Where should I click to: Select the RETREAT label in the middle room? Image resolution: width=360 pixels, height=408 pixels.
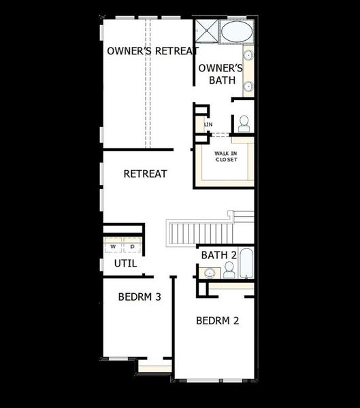click(145, 174)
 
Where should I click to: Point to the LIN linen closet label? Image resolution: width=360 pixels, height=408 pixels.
click(208, 124)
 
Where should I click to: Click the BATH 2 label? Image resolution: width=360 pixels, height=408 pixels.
click(218, 255)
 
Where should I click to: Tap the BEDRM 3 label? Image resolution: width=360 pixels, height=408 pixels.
click(139, 296)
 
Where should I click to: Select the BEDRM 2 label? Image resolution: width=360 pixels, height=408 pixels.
click(217, 320)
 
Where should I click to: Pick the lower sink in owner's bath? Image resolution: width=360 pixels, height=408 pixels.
click(248, 86)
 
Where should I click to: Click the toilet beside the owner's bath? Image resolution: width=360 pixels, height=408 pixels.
click(244, 124)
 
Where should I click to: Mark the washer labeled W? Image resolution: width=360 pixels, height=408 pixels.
click(113, 245)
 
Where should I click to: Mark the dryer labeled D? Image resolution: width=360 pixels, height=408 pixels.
click(132, 245)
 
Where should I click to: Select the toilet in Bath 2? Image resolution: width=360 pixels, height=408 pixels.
click(229, 271)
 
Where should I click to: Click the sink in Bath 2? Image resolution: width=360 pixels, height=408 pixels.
click(210, 272)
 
